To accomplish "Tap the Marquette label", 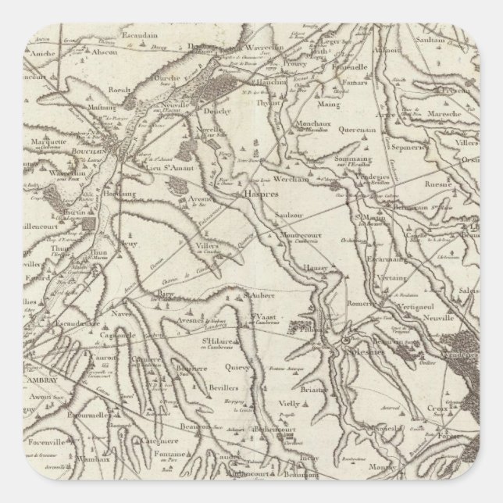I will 50,141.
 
